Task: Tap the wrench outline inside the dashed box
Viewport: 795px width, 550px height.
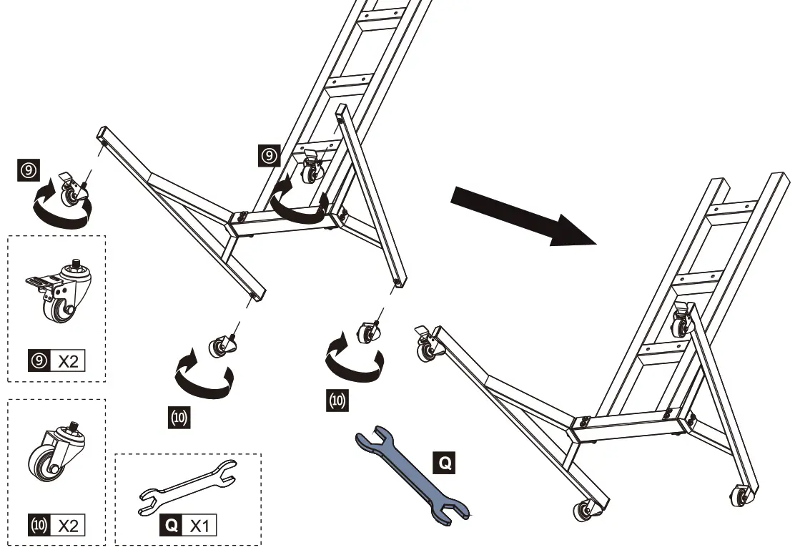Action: [188, 487]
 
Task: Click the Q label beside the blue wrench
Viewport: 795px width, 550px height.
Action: [444, 464]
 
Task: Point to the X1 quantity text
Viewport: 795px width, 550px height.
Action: [201, 526]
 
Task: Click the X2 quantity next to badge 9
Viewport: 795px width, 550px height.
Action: [68, 361]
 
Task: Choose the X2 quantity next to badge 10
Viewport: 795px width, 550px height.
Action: [68, 526]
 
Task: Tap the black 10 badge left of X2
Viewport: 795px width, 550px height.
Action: [38, 526]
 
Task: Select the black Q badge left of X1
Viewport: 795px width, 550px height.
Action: [172, 526]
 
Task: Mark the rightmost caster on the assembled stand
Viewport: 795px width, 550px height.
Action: [741, 496]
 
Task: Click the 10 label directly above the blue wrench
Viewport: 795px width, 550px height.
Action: [336, 401]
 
